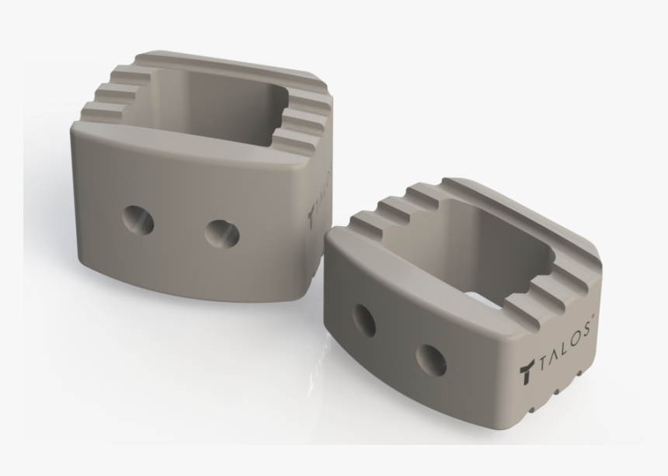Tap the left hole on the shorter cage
click(364, 319)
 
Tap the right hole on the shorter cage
click(430, 358)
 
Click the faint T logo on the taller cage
click(312, 212)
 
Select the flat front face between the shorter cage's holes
click(397, 339)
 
